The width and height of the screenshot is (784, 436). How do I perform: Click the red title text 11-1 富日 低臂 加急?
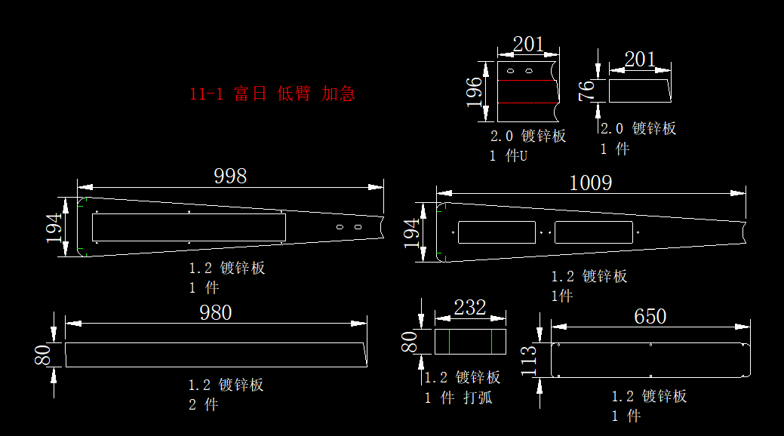[272, 94]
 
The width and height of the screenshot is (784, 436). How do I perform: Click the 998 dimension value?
[230, 176]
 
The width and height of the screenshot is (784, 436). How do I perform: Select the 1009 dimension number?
[591, 183]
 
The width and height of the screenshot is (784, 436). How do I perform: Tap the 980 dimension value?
[216, 312]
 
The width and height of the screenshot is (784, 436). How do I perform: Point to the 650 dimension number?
[650, 317]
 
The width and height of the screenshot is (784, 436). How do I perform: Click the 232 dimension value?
[469, 308]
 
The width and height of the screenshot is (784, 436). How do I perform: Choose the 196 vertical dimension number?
[474, 92]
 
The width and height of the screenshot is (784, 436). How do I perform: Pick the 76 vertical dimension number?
[586, 91]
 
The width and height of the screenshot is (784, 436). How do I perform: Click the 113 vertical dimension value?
[528, 361]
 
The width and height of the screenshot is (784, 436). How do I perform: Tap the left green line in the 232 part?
[449, 342]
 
